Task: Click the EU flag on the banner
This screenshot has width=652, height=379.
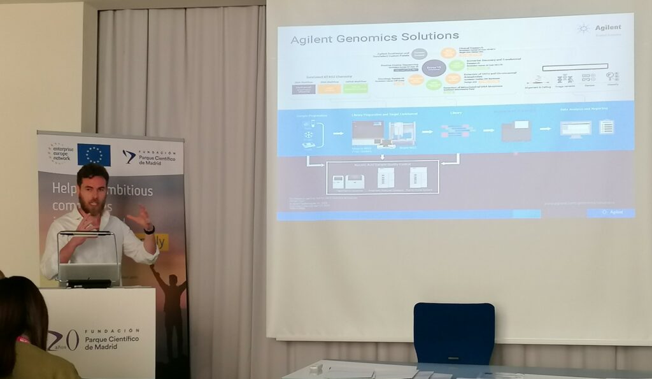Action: coord(94,154)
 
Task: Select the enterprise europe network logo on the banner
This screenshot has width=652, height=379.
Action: coord(60,153)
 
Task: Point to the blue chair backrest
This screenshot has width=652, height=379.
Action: coord(454,333)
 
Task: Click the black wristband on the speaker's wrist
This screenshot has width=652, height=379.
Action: coord(150,229)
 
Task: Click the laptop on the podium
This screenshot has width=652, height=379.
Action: coord(89,273)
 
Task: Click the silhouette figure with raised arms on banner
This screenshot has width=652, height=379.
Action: coord(167,299)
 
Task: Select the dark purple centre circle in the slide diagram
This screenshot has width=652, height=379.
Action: coord(434,68)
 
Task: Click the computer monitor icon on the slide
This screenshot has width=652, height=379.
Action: coord(575,128)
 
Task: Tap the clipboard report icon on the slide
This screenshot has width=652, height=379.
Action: coord(607,127)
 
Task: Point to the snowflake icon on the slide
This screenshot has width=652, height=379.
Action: coord(308,134)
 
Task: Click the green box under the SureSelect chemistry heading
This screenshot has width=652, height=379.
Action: coord(355,89)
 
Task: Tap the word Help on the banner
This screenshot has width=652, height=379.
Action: coord(67,190)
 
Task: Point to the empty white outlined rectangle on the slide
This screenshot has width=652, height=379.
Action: coord(575,66)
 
